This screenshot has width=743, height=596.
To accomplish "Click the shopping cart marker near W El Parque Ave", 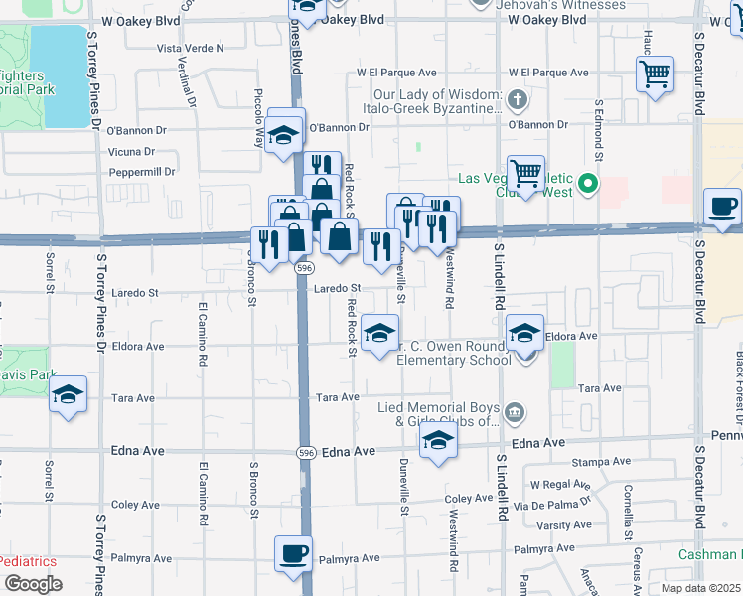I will coord(656,74).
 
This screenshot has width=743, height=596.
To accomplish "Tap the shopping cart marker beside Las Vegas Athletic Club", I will coord(525,175).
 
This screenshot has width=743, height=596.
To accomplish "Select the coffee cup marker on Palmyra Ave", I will coord(293,554).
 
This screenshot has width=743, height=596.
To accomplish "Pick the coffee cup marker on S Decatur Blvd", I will coord(722,207).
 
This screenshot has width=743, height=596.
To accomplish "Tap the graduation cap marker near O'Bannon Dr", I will coord(285,136).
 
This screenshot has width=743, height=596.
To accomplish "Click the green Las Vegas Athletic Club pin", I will coord(587,183).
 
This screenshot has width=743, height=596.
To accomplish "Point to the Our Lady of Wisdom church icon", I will coord(517,100).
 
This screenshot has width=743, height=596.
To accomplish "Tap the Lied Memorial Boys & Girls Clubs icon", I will coord(515,411).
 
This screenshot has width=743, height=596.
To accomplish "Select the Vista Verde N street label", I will coord(190,48).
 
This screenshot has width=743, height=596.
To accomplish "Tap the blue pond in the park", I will coord(59,75).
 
